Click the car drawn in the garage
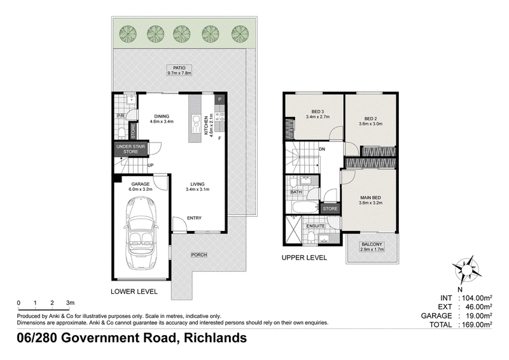[141, 233]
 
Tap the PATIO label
[179, 68]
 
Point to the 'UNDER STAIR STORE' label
[130, 149]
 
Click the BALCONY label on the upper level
[372, 244]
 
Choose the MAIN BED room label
[370, 197]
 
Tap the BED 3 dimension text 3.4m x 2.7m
[317, 116]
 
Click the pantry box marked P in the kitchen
[220, 99]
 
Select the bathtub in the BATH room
[305, 207]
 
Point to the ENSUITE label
[316, 226]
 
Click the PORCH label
[199, 255]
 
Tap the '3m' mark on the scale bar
[70, 303]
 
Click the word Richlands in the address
[215, 338]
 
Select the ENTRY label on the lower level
[194, 218]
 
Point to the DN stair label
[322, 149]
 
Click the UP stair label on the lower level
[150, 165]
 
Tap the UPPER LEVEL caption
[304, 258]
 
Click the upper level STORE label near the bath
[330, 209]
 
